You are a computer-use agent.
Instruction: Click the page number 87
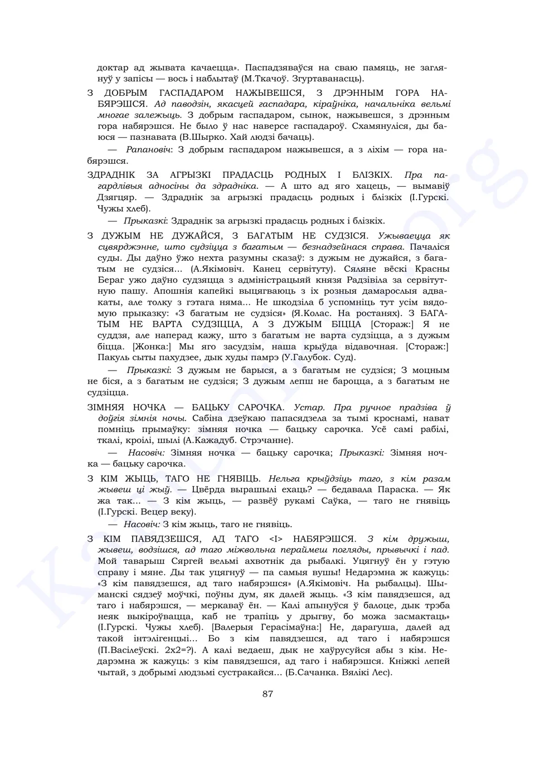[267, 694]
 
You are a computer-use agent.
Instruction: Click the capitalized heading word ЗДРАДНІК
[111, 175]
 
